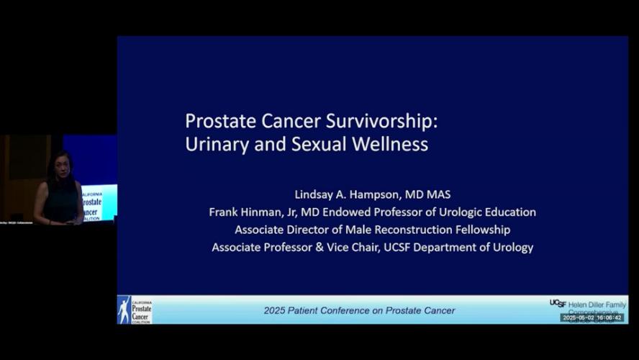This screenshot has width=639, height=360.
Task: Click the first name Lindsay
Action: [x=315, y=194]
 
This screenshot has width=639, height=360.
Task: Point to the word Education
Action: [x=507, y=212]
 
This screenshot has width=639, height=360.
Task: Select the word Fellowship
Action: [x=482, y=230]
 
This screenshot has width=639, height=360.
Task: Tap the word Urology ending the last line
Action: [x=509, y=248]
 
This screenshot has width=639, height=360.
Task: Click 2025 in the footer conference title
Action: [x=276, y=310]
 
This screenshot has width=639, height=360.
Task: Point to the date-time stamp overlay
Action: [x=592, y=317]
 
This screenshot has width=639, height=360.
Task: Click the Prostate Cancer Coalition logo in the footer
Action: [x=135, y=310]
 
